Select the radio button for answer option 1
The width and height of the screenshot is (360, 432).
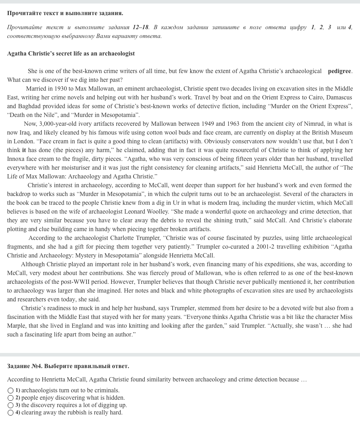11,391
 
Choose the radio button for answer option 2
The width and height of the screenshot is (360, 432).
11,398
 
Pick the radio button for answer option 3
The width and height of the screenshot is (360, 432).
11,405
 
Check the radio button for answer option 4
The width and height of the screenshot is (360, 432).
11,413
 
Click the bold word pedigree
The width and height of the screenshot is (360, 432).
339,71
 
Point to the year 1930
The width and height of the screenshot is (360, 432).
61,89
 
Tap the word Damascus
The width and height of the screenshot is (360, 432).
339,98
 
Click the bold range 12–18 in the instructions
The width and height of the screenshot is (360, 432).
141,27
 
